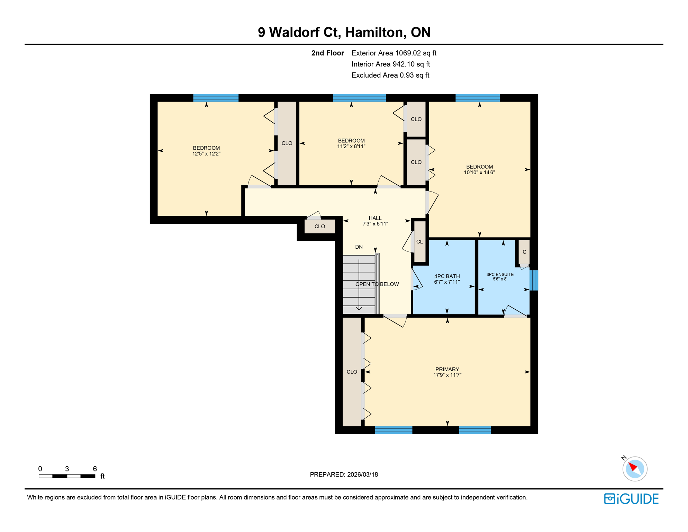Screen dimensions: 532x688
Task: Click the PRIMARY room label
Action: (447, 369)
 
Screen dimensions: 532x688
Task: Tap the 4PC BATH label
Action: (447, 276)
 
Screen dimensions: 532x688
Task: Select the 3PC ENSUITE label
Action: (500, 274)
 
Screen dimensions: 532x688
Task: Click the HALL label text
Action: (375, 218)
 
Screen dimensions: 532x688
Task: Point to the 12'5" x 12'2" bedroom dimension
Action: (206, 154)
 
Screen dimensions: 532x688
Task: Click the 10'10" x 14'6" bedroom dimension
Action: (479, 172)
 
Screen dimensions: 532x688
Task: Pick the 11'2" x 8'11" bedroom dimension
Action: (351, 147)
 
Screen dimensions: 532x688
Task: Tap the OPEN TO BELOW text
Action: (377, 284)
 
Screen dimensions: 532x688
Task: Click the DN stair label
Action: (359, 247)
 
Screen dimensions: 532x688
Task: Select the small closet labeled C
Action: (524, 252)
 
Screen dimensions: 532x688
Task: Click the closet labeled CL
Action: (419, 242)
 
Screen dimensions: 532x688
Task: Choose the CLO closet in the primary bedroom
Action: (352, 372)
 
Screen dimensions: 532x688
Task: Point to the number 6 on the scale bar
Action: (95, 469)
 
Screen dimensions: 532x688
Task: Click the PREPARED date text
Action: (344, 475)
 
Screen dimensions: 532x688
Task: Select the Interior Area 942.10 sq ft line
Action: (390, 64)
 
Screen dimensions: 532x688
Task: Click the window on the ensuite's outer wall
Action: (534, 280)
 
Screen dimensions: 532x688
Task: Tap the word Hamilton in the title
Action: (375, 32)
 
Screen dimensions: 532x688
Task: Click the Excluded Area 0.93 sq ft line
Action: (390, 75)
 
